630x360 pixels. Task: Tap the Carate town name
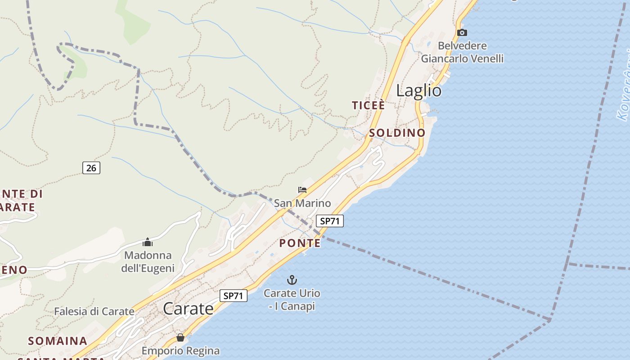pos(188,309)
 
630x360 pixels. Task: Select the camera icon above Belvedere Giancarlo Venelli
pos(462,32)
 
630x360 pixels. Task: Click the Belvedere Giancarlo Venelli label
pos(462,52)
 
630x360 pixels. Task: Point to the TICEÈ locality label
pos(368,106)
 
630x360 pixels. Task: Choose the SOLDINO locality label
pos(397,133)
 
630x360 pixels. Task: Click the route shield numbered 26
pos(91,168)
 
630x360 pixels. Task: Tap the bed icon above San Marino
pos(302,190)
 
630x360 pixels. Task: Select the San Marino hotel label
pos(302,203)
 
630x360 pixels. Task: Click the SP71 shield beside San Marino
pos(329,221)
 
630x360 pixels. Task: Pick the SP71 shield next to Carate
pos(234,296)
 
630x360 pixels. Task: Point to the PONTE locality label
pos(300,243)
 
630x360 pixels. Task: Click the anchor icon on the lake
pos(292,280)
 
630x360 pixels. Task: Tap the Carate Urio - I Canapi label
pos(292,300)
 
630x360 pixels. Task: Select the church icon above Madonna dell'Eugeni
pos(148,243)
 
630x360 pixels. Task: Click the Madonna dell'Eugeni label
pos(148,262)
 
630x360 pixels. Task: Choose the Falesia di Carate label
pos(94,311)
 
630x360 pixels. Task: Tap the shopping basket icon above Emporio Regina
pos(180,337)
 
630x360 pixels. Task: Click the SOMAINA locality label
pos(58,341)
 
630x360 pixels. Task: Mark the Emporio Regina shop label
pos(180,351)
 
